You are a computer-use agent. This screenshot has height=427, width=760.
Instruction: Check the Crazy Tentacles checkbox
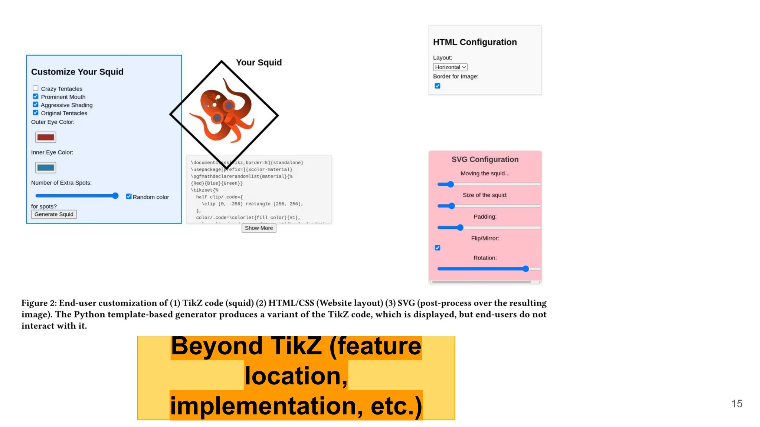36,88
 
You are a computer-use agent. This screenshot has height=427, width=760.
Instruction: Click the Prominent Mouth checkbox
36,96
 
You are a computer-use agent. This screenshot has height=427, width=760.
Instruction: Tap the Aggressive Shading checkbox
36,105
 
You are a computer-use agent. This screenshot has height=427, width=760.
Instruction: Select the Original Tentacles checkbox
36,113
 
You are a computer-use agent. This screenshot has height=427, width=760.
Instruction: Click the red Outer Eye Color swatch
46,137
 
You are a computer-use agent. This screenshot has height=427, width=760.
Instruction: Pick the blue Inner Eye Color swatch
46,168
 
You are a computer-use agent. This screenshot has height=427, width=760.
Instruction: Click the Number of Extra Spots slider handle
115,196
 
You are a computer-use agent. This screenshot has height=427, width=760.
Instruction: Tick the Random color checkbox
129,196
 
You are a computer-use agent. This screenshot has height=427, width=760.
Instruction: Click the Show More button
259,228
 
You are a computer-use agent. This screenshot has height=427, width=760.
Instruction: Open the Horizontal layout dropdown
450,67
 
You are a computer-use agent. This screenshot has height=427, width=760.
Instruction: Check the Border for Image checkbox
438,86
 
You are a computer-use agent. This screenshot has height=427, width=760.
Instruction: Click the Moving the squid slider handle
451,184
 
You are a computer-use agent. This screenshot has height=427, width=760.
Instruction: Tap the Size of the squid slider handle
451,206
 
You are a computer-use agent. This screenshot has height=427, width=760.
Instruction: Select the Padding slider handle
460,228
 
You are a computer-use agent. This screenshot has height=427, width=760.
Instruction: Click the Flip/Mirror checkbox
438,248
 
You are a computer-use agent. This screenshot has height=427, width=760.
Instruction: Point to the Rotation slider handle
525,269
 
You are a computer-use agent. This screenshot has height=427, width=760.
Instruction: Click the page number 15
737,404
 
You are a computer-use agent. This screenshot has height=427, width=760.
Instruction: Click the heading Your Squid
259,62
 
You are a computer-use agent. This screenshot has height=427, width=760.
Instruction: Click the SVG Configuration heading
485,159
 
